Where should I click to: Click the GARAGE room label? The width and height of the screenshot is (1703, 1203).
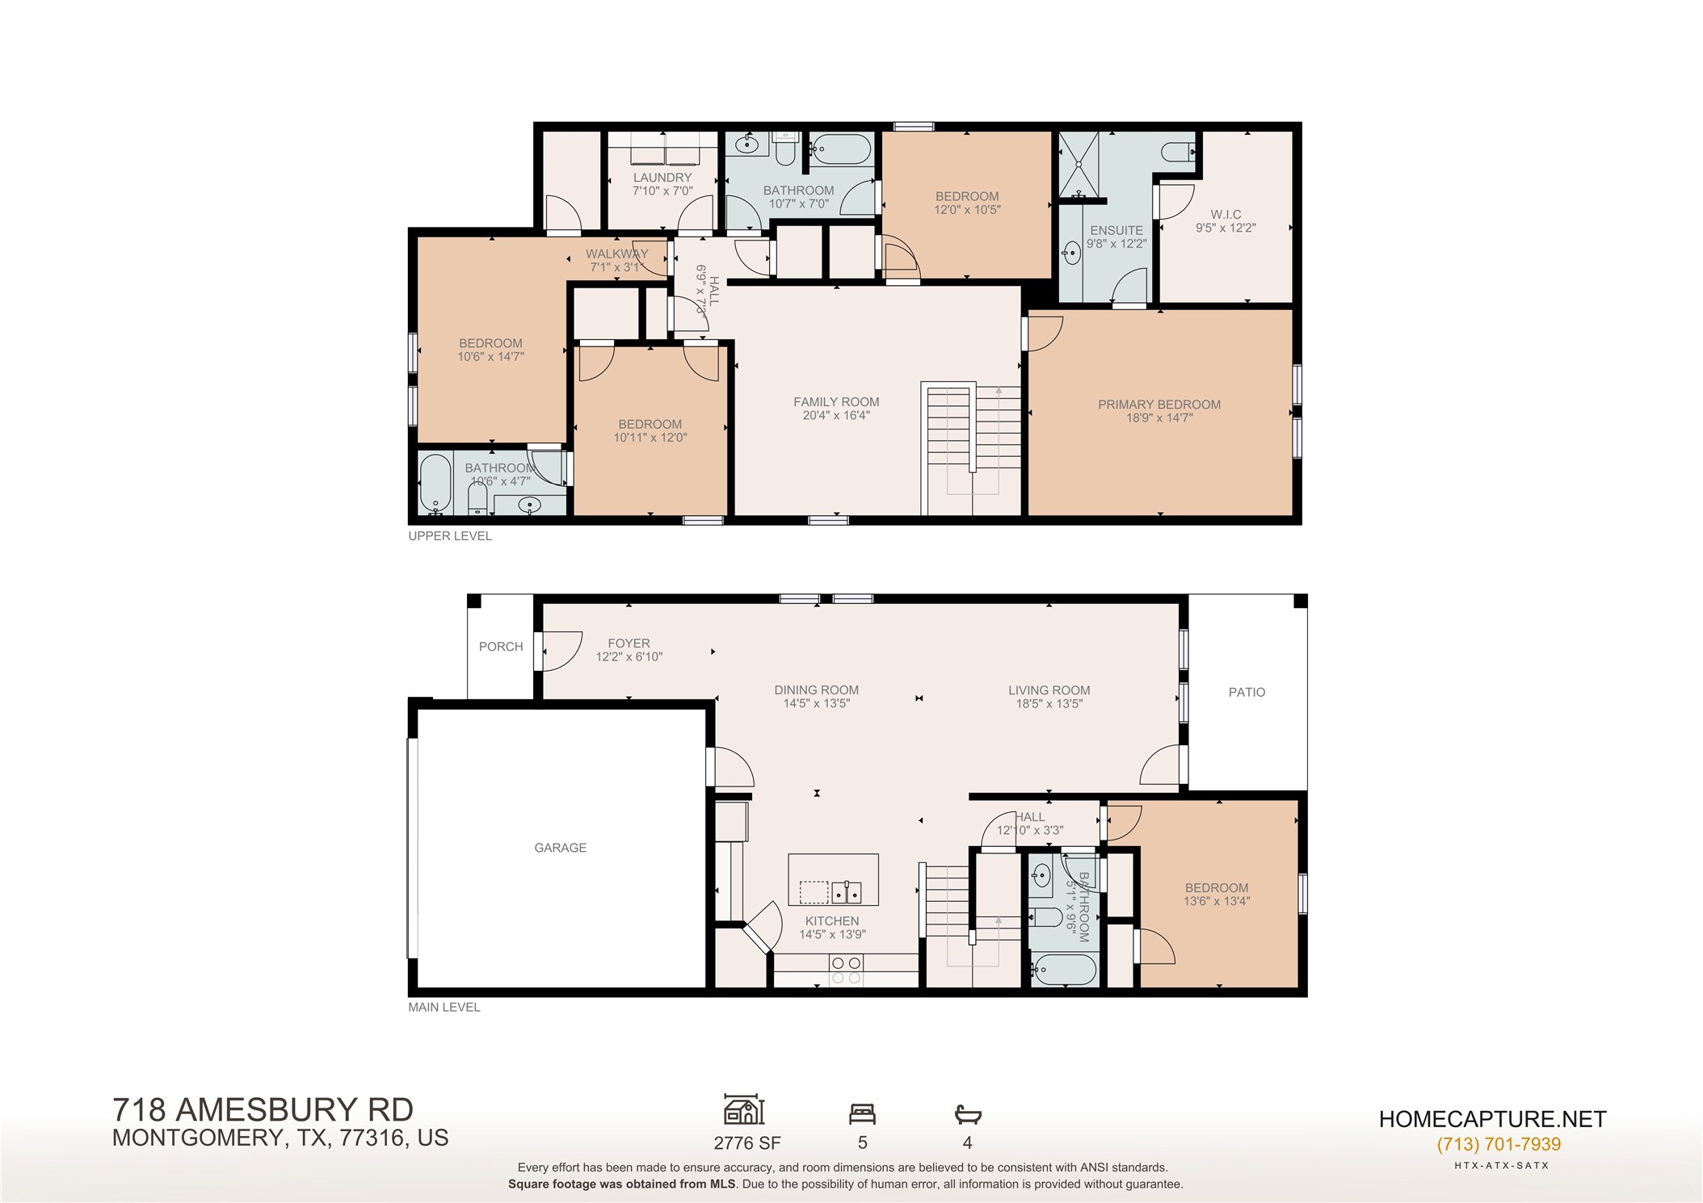click(560, 848)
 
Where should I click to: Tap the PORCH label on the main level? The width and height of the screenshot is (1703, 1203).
click(501, 647)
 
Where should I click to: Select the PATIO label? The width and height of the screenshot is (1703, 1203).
click(1247, 693)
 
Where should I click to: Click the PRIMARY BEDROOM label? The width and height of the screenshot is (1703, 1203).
click(1159, 404)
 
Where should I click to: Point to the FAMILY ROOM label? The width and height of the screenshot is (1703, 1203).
click(836, 402)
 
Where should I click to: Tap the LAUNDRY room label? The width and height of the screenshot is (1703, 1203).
click(662, 178)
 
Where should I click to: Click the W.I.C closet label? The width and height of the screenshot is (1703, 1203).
click(1226, 215)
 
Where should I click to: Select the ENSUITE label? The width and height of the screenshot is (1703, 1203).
click(1116, 230)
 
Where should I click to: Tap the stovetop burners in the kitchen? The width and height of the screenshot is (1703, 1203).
click(846, 970)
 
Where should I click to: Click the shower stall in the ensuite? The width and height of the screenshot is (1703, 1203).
click(1079, 165)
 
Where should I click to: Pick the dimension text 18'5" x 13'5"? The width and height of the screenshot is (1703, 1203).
click(1049, 704)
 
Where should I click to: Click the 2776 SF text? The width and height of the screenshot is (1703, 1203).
click(747, 1143)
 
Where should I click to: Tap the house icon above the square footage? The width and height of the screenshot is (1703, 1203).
click(744, 1110)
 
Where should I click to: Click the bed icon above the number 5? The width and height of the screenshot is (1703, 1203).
click(862, 1114)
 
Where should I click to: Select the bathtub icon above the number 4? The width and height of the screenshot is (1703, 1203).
click(968, 1115)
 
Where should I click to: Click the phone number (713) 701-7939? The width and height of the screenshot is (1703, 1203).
click(1499, 1144)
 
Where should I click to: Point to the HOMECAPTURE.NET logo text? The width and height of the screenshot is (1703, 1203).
click(1492, 1119)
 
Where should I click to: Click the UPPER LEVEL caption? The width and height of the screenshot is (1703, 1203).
click(450, 536)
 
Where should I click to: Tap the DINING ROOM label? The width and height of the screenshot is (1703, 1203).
click(817, 690)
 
